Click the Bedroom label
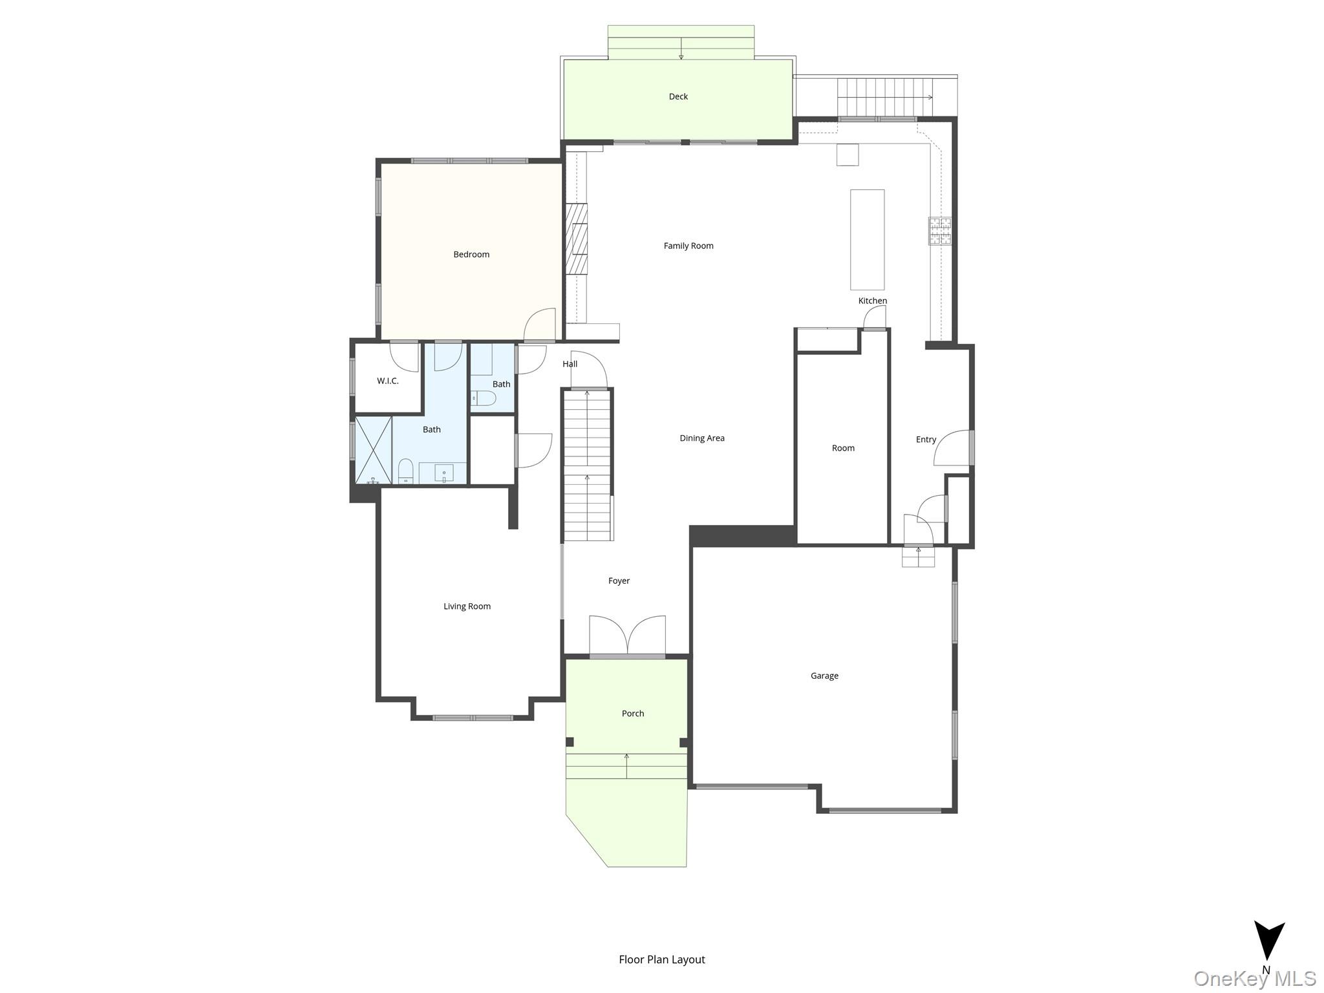[x=471, y=255]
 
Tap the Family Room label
[x=689, y=246]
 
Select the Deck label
[x=678, y=97]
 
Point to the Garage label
[x=824, y=676]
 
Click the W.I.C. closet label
[x=388, y=381]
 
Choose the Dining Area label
[x=702, y=438]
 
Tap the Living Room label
[x=467, y=606]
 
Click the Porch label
[x=633, y=714]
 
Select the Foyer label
[x=619, y=581]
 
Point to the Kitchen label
[x=873, y=301]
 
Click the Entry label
[x=926, y=440]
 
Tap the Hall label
[x=570, y=364]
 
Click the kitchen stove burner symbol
[x=940, y=231]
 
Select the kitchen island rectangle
[x=867, y=239]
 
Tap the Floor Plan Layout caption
[x=662, y=959]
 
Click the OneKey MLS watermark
[x=1255, y=979]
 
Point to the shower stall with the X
[x=374, y=451]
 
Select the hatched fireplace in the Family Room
[x=577, y=239]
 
